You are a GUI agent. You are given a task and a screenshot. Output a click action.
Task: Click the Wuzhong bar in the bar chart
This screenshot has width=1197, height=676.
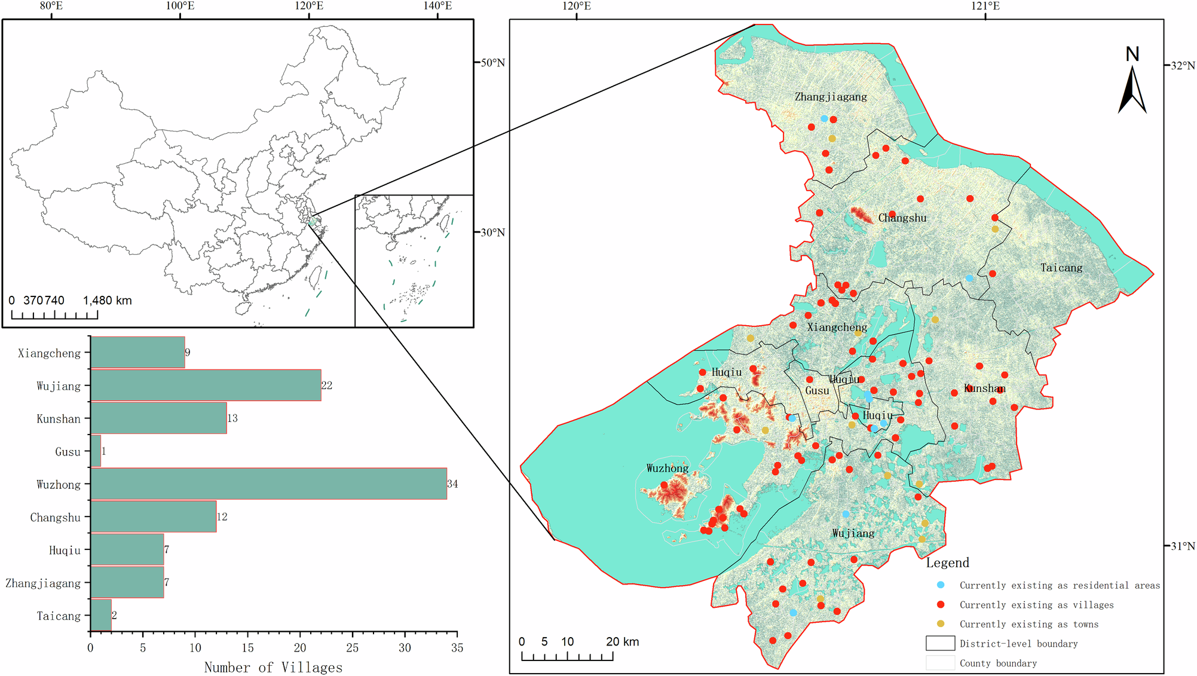click(268, 484)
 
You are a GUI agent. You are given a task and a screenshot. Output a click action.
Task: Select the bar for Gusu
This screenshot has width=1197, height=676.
click(96, 451)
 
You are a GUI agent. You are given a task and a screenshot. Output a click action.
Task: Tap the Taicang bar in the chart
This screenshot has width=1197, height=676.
click(101, 615)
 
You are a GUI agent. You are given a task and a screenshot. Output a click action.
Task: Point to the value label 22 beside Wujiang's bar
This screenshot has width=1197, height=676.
click(326, 386)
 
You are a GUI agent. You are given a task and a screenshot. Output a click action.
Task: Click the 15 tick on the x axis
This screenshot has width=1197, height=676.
click(247, 648)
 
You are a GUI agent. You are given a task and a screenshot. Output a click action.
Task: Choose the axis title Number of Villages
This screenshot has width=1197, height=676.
click(273, 668)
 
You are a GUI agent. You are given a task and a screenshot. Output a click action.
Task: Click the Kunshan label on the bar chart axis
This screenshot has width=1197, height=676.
click(58, 419)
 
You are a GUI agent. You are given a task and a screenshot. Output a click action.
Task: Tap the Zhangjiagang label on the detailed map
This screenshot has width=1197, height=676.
click(831, 97)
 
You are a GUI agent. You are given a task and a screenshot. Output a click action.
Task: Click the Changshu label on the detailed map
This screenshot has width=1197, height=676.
click(902, 218)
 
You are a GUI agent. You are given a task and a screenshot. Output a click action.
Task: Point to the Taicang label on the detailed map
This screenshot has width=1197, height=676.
click(1061, 268)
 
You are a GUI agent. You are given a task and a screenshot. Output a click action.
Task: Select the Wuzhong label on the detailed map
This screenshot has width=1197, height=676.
click(668, 468)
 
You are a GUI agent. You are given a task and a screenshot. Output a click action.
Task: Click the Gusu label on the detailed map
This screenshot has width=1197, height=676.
click(817, 391)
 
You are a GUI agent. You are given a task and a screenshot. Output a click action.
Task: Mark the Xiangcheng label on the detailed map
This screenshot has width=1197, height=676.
click(837, 327)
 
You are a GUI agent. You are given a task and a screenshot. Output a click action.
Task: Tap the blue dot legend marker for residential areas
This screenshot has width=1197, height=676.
click(941, 585)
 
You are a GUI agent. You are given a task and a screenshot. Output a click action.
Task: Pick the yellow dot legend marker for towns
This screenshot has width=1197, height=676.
click(941, 624)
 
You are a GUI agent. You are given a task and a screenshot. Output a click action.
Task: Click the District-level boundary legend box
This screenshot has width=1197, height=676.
click(940, 643)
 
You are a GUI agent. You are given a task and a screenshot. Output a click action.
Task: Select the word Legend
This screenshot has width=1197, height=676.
click(947, 562)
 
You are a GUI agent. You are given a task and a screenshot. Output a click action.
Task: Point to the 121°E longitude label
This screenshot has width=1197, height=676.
click(985, 6)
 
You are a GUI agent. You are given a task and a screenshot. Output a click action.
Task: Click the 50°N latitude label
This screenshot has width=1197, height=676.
click(492, 63)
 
